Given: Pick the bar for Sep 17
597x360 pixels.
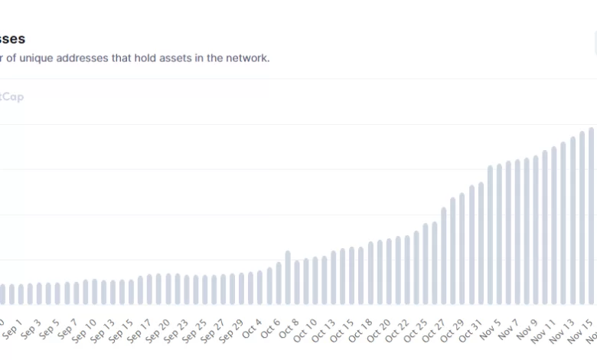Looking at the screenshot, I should (140, 290).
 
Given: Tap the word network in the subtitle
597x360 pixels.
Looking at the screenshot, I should (246, 57).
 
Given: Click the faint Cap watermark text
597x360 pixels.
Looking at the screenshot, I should (13, 97).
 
